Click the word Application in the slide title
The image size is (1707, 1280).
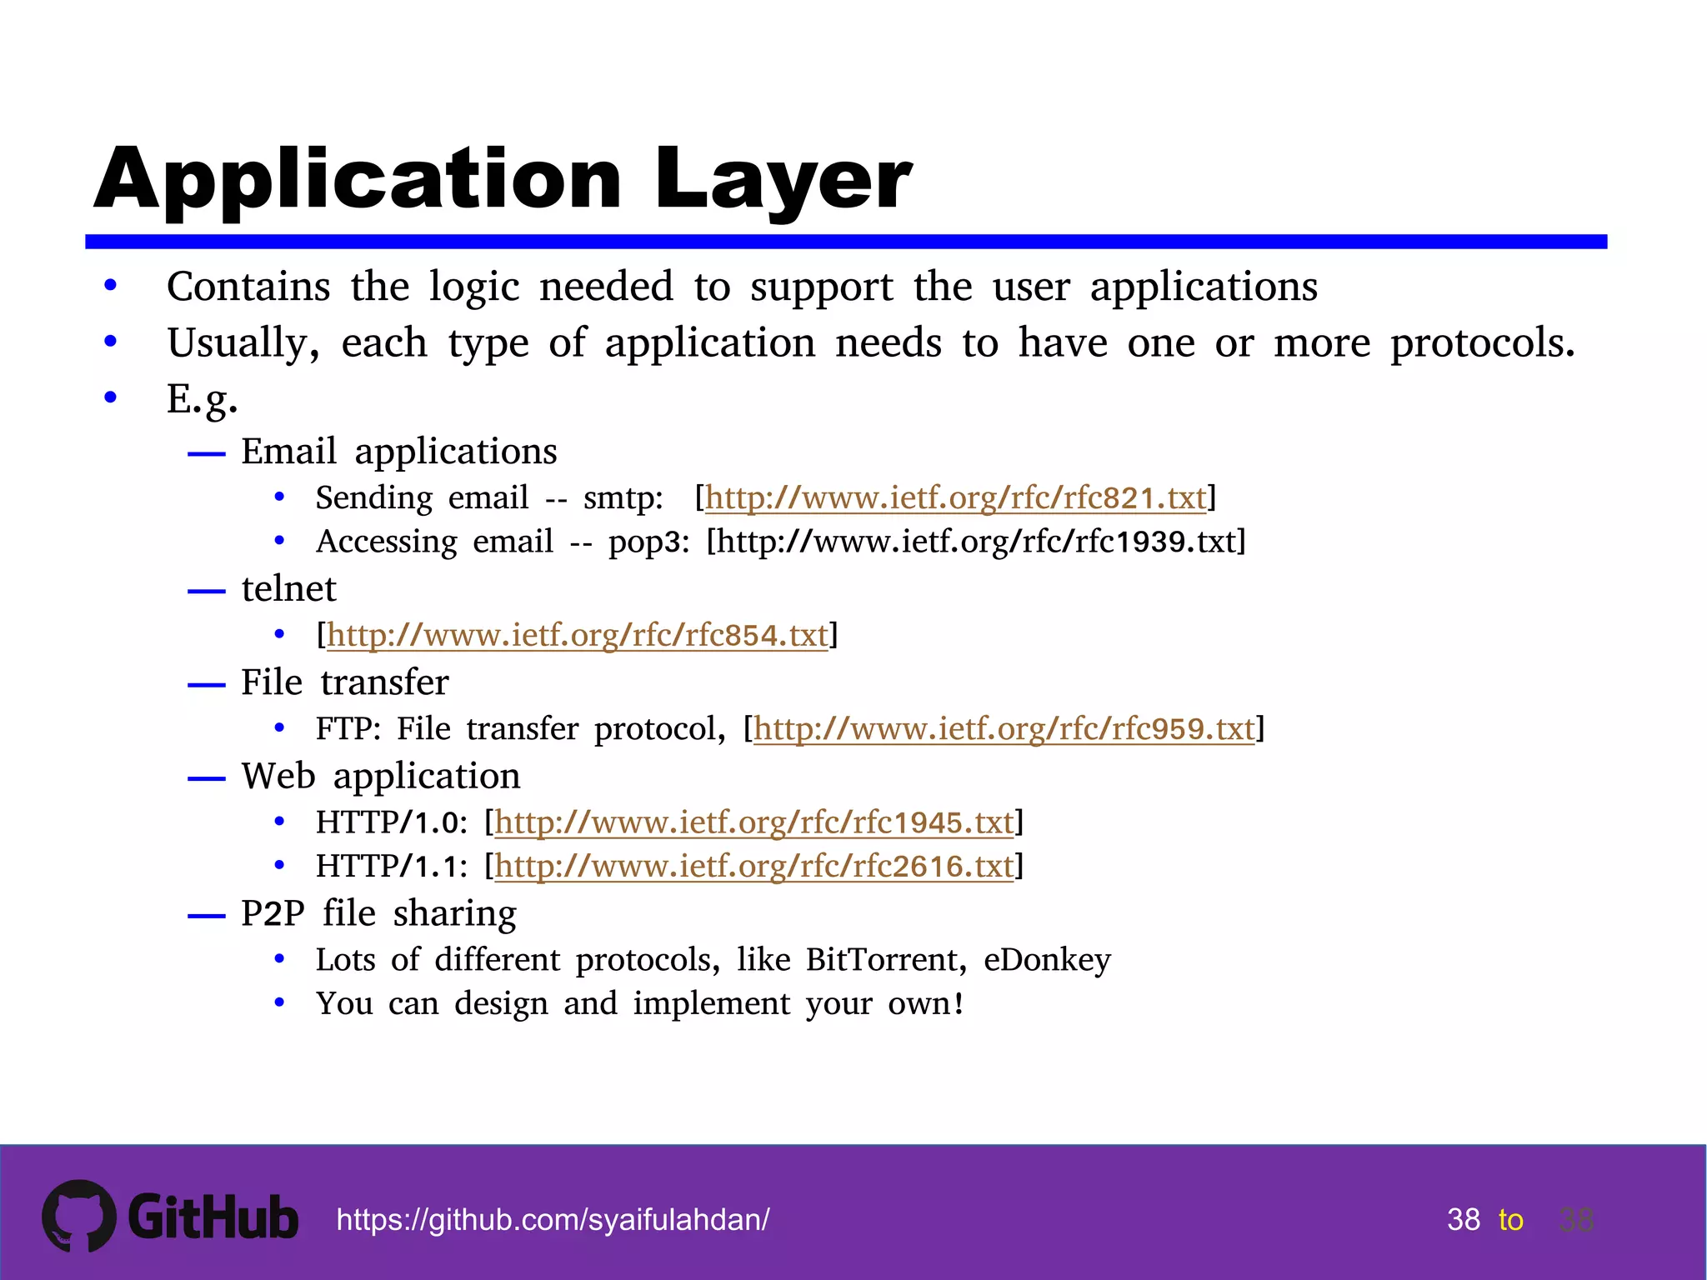tap(358, 179)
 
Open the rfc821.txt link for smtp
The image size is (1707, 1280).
tap(955, 498)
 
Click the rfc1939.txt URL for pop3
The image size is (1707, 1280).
tap(976, 542)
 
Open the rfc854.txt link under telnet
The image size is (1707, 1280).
tap(577, 636)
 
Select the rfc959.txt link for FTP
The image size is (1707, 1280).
tap(1004, 729)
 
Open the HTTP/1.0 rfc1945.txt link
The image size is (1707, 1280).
tap(753, 823)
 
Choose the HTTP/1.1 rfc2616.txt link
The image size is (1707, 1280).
tap(753, 867)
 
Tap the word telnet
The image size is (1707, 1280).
tap(288, 589)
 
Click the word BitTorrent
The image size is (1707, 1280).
tap(885, 960)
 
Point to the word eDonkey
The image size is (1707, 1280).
tap(1047, 960)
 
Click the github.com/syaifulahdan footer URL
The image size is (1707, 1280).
tap(553, 1220)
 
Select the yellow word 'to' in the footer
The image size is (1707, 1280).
tap(1510, 1220)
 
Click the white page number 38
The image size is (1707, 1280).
tap(1463, 1220)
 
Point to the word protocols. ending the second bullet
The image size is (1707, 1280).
tap(1482, 343)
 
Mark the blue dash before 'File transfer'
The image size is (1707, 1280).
tap(207, 686)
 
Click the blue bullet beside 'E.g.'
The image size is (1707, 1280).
tap(110, 397)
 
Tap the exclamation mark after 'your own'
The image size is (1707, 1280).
tap(959, 1003)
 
